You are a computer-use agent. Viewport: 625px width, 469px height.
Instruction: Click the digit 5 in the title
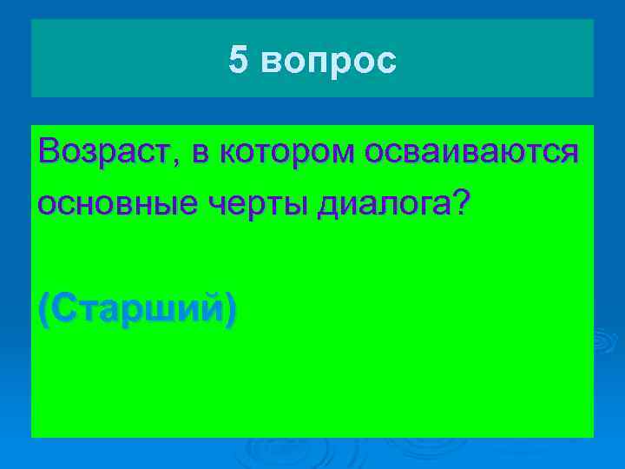[238, 60]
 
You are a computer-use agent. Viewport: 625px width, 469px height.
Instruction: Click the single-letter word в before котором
[201, 154]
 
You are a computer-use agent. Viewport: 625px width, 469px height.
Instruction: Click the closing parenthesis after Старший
[229, 310]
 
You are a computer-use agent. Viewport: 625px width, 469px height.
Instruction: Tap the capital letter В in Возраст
[49, 151]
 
